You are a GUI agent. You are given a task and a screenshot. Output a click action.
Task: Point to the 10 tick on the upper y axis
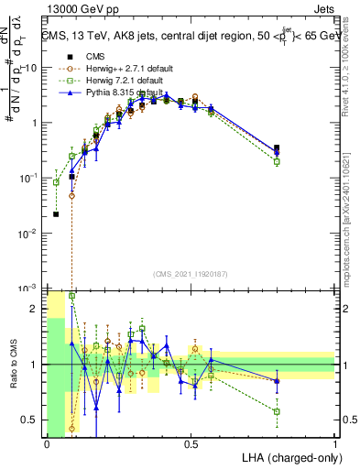(x=33, y=68)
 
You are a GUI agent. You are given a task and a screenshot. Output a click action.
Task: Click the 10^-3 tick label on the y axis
(x=29, y=289)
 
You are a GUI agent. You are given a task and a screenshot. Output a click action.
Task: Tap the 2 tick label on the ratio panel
(x=38, y=309)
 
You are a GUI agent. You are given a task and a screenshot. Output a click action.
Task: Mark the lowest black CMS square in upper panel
(x=57, y=214)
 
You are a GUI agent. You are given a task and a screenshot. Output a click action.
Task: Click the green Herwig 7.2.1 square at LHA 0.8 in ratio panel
(x=277, y=411)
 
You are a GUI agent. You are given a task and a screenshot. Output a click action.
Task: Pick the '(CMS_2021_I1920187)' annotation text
(x=191, y=274)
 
